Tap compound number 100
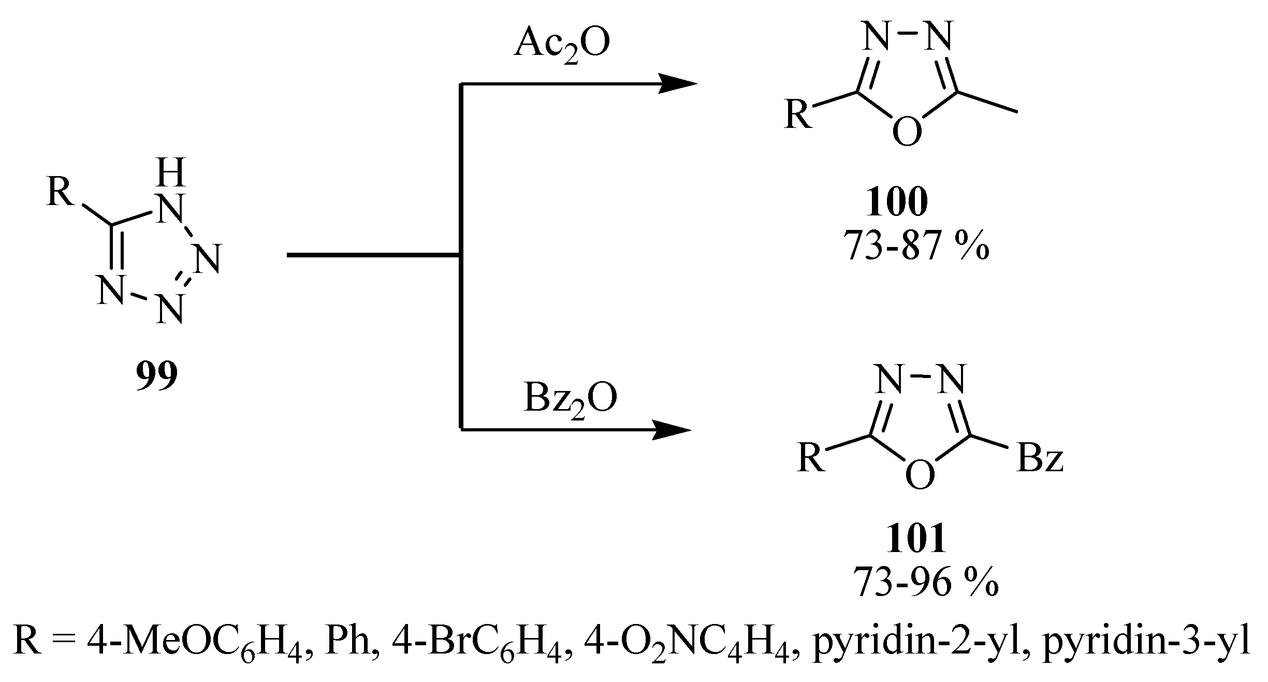pyautogui.click(x=897, y=204)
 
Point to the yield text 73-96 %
pyautogui.click(x=926, y=582)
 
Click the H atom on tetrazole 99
pyautogui.click(x=171, y=173)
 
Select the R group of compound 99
pyautogui.click(x=61, y=193)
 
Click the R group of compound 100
pyautogui.click(x=798, y=115)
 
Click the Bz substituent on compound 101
pyautogui.click(x=1040, y=459)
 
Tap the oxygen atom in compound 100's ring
pyautogui.click(x=908, y=132)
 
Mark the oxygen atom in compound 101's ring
pyautogui.click(x=920, y=476)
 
